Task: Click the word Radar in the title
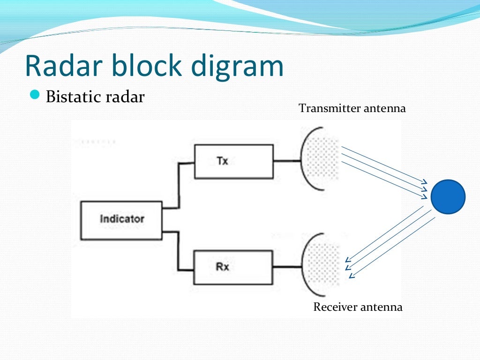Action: click(63, 66)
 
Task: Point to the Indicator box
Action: click(121, 219)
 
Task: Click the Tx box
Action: click(233, 161)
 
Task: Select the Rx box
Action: click(233, 267)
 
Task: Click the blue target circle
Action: click(448, 197)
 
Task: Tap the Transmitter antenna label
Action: click(352, 108)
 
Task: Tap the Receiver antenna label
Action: click(358, 307)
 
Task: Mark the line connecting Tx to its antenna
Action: click(287, 161)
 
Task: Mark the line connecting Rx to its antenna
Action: click(287, 267)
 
